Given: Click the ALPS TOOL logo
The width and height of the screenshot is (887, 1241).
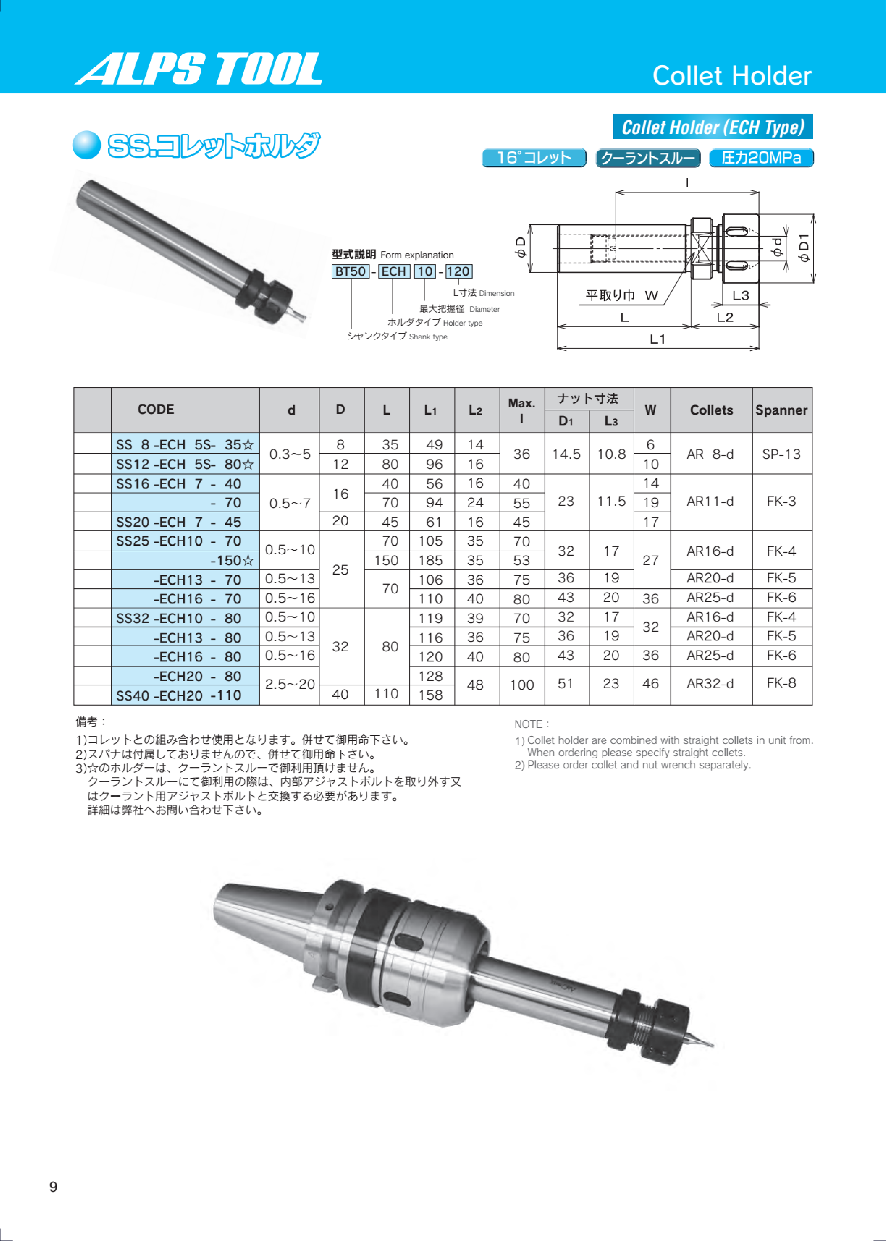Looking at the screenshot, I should [198, 69].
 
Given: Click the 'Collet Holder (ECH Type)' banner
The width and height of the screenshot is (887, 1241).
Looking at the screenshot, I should [713, 127].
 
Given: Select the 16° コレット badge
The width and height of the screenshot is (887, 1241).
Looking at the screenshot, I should [534, 158].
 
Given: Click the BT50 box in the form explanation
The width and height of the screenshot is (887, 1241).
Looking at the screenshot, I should [350, 271].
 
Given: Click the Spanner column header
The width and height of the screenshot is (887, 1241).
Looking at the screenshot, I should [781, 410].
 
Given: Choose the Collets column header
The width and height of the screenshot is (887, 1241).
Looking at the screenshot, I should [711, 410].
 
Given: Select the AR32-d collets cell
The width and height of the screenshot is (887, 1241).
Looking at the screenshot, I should [710, 684].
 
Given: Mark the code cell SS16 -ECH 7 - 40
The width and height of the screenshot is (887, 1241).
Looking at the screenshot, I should [179, 484].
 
